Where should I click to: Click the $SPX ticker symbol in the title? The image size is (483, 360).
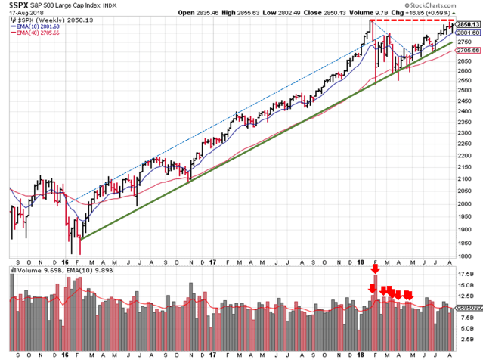pyautogui.click(x=17, y=6)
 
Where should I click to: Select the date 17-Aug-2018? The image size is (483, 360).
pyautogui.click(x=22, y=14)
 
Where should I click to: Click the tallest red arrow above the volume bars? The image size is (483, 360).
pyautogui.click(x=376, y=270)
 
